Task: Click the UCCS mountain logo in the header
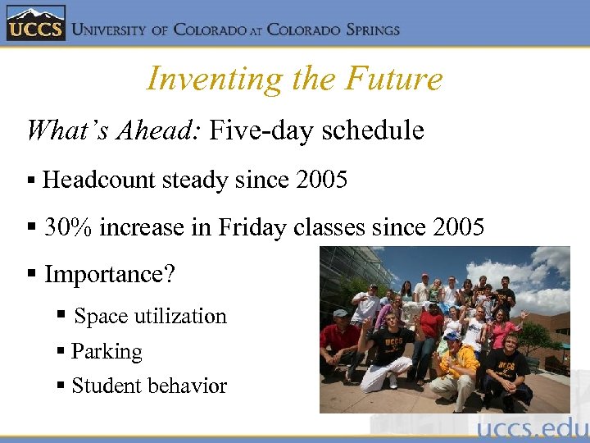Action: click(x=34, y=24)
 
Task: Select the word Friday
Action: click(x=250, y=227)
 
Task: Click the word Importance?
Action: click(x=110, y=274)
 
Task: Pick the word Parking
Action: click(x=107, y=352)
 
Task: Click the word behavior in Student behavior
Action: click(x=191, y=386)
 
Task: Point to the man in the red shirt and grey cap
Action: click(x=338, y=340)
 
